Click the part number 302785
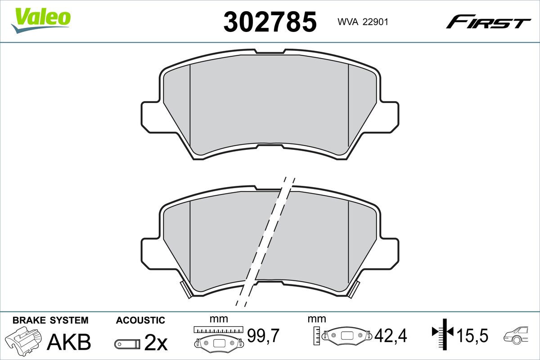(x=270, y=22)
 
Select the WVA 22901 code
(x=363, y=22)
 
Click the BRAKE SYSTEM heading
(x=50, y=320)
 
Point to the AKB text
(x=69, y=342)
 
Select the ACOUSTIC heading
(x=140, y=320)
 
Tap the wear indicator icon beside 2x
(x=127, y=344)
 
